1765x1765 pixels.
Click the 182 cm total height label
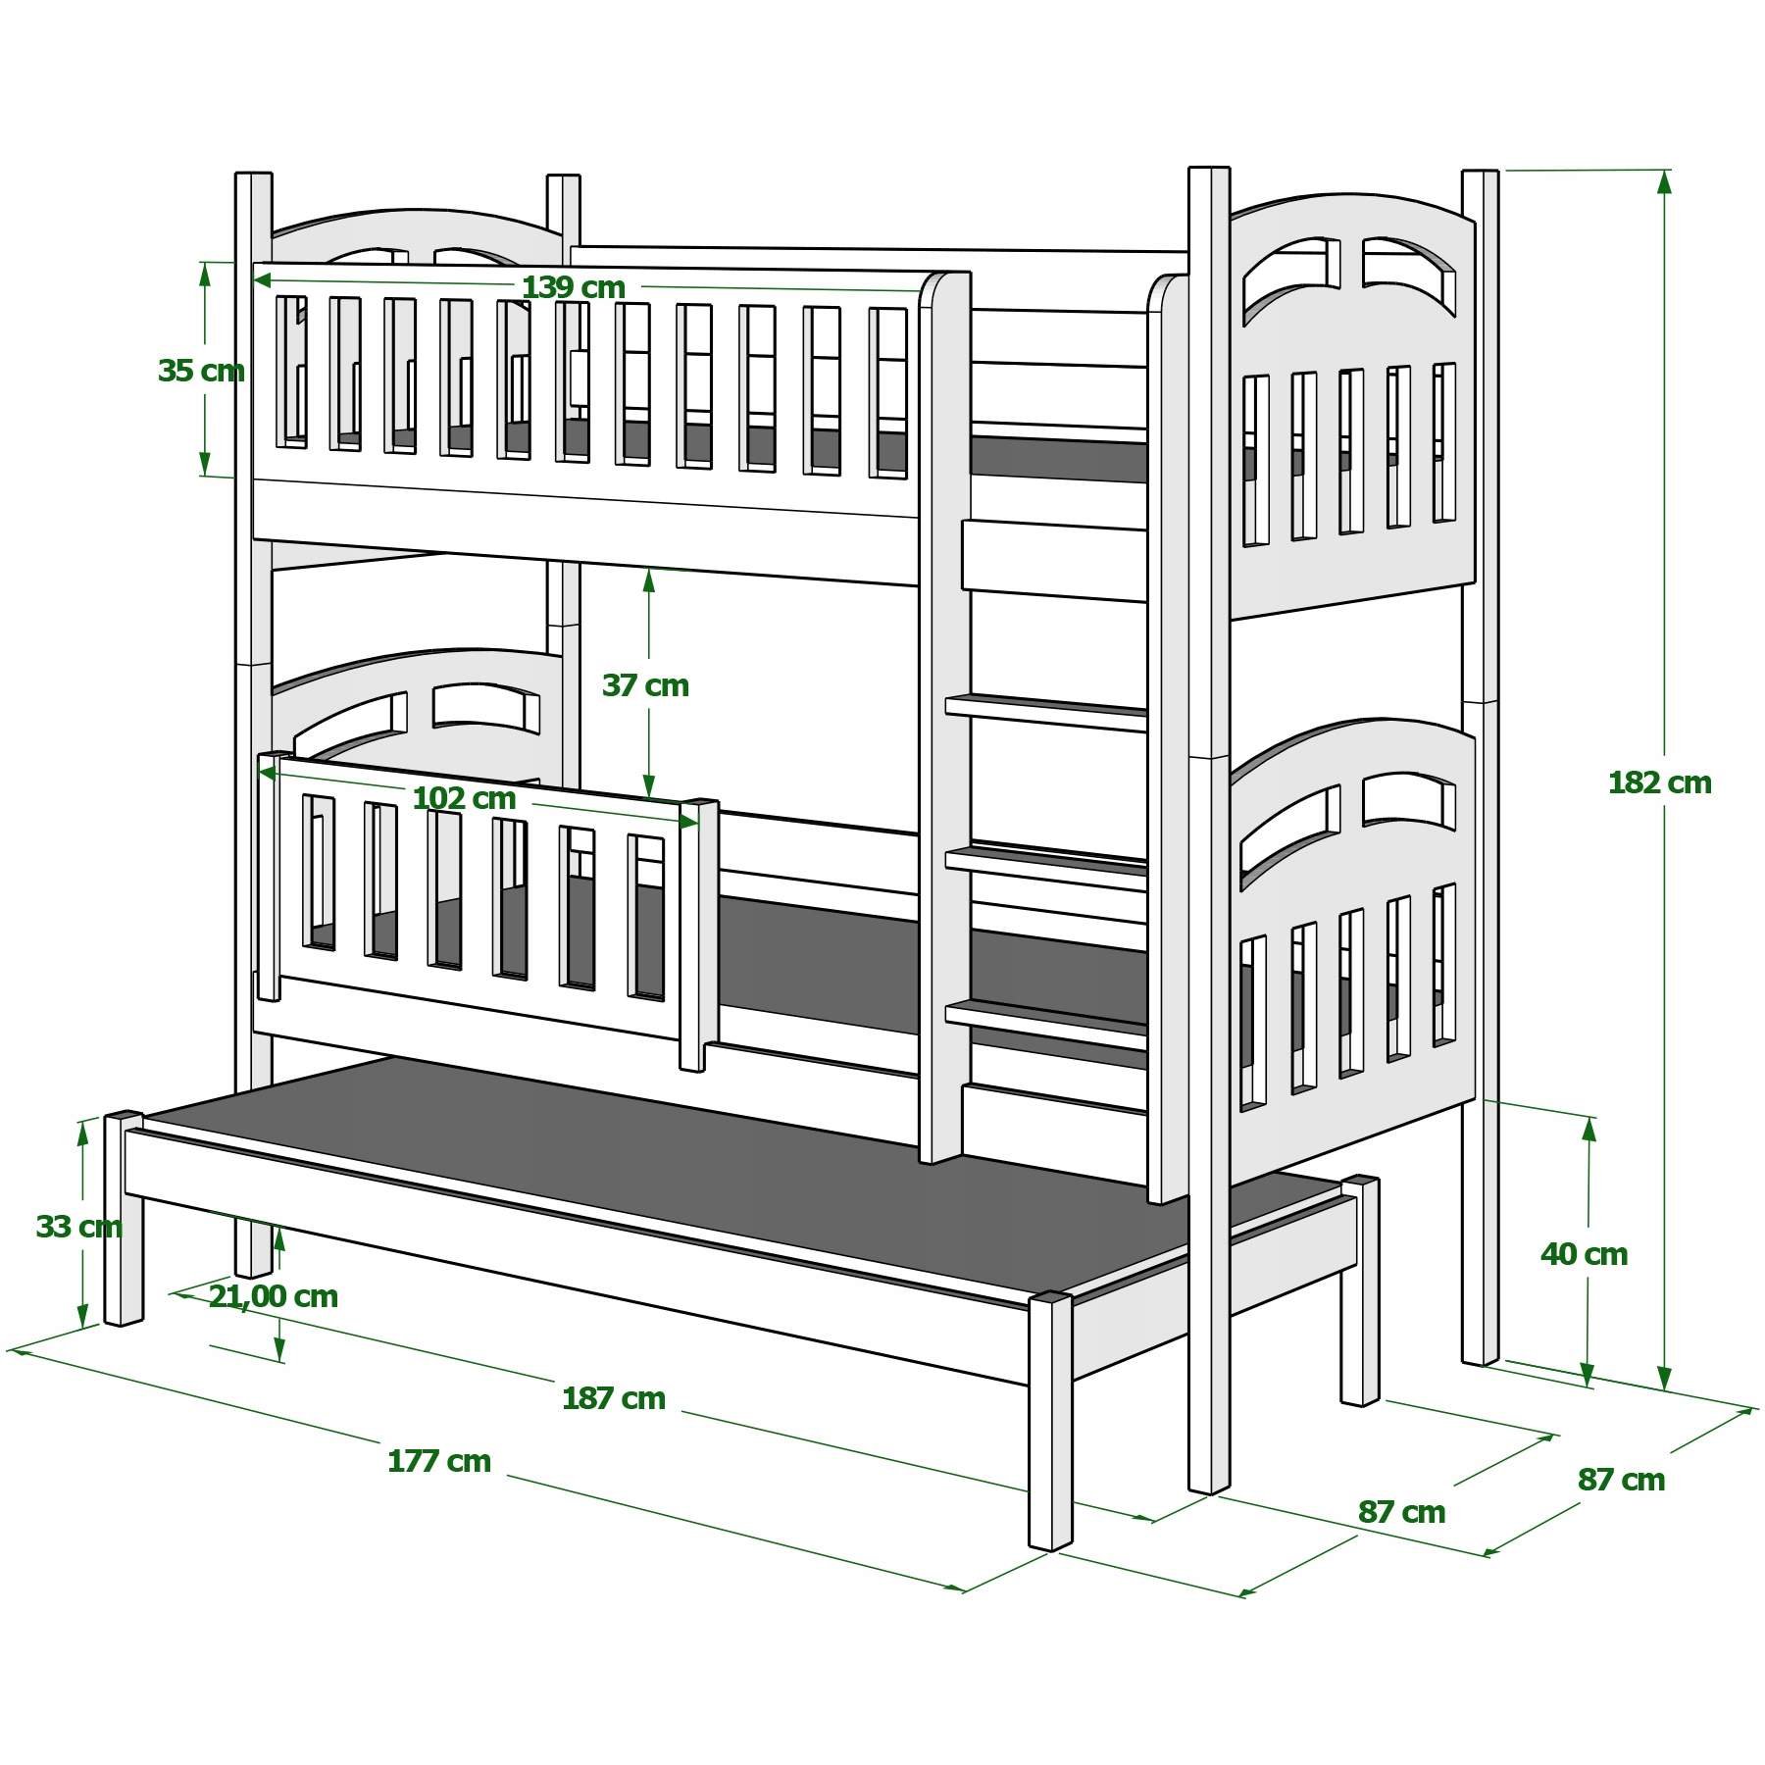(1659, 782)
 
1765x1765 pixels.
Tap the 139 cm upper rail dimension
(573, 287)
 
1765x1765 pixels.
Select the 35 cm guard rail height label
(201, 371)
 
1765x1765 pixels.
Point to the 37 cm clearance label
(645, 685)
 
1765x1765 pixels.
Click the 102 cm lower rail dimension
(464, 798)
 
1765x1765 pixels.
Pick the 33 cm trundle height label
(78, 1227)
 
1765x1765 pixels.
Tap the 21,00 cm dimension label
(274, 1296)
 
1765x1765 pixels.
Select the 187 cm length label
(614, 1398)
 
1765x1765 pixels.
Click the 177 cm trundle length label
(439, 1461)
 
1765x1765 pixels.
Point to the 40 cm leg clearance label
(1584, 1254)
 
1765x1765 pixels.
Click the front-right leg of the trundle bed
(1050, 1421)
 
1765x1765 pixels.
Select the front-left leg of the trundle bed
(124, 1219)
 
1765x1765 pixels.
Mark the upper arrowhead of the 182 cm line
(1664, 183)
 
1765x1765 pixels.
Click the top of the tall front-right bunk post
(1209, 169)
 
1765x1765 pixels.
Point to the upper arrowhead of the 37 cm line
(648, 582)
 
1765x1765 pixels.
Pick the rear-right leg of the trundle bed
(1360, 1290)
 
